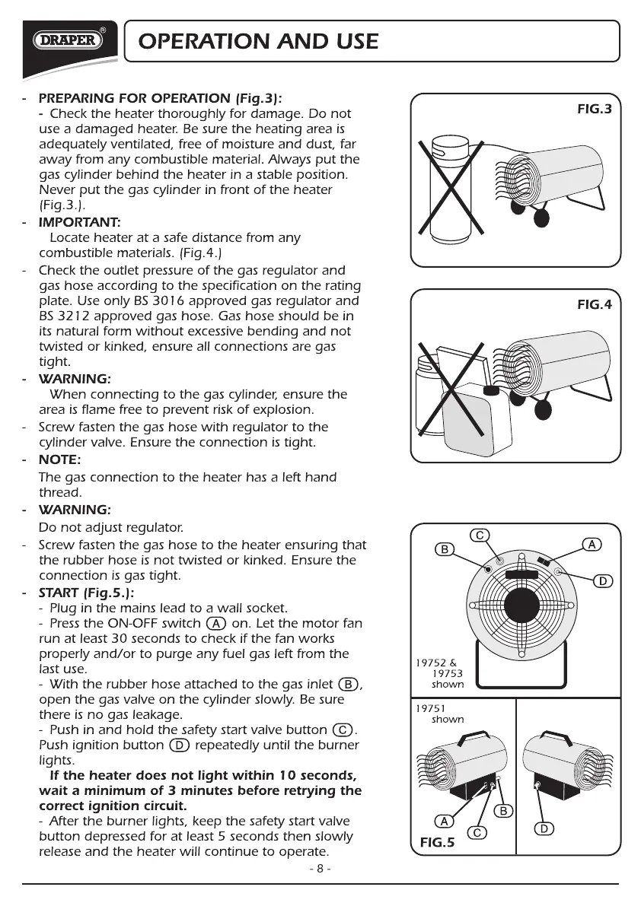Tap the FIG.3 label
(594, 110)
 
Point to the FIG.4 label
(594, 305)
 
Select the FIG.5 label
(438, 842)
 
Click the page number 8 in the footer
(320, 869)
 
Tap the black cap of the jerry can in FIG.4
(492, 391)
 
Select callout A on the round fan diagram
(592, 544)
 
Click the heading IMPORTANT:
(79, 222)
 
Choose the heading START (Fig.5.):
(86, 592)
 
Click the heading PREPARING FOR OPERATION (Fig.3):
(160, 98)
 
